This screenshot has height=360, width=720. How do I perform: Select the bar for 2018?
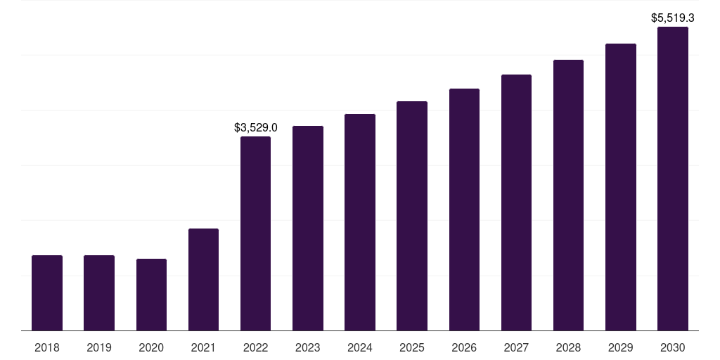[47, 293]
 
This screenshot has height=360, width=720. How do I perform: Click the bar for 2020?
[152, 295]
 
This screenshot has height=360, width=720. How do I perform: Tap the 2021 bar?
[203, 280]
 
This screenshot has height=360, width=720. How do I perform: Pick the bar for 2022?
[256, 233]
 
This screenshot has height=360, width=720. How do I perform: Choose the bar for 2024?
[360, 222]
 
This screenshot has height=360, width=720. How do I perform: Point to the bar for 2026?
[464, 210]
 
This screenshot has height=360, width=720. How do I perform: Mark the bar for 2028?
[568, 195]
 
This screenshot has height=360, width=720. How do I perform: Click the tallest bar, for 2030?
[673, 179]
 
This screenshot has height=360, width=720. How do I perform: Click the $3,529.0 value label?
[256, 128]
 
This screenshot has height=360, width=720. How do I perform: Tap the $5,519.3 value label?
[673, 18]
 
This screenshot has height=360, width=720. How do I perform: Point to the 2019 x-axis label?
[99, 348]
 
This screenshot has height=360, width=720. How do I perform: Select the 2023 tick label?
[308, 348]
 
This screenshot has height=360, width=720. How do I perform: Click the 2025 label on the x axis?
[412, 348]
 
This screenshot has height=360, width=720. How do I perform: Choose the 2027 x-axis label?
[516, 348]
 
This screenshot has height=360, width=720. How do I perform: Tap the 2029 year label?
[621, 348]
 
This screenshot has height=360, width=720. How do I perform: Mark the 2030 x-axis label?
[673, 348]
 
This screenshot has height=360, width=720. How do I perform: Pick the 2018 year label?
[47, 348]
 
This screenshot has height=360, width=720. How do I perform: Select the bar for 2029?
[621, 187]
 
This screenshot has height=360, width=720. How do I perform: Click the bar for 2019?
[99, 293]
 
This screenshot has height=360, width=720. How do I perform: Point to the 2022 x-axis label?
[256, 348]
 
